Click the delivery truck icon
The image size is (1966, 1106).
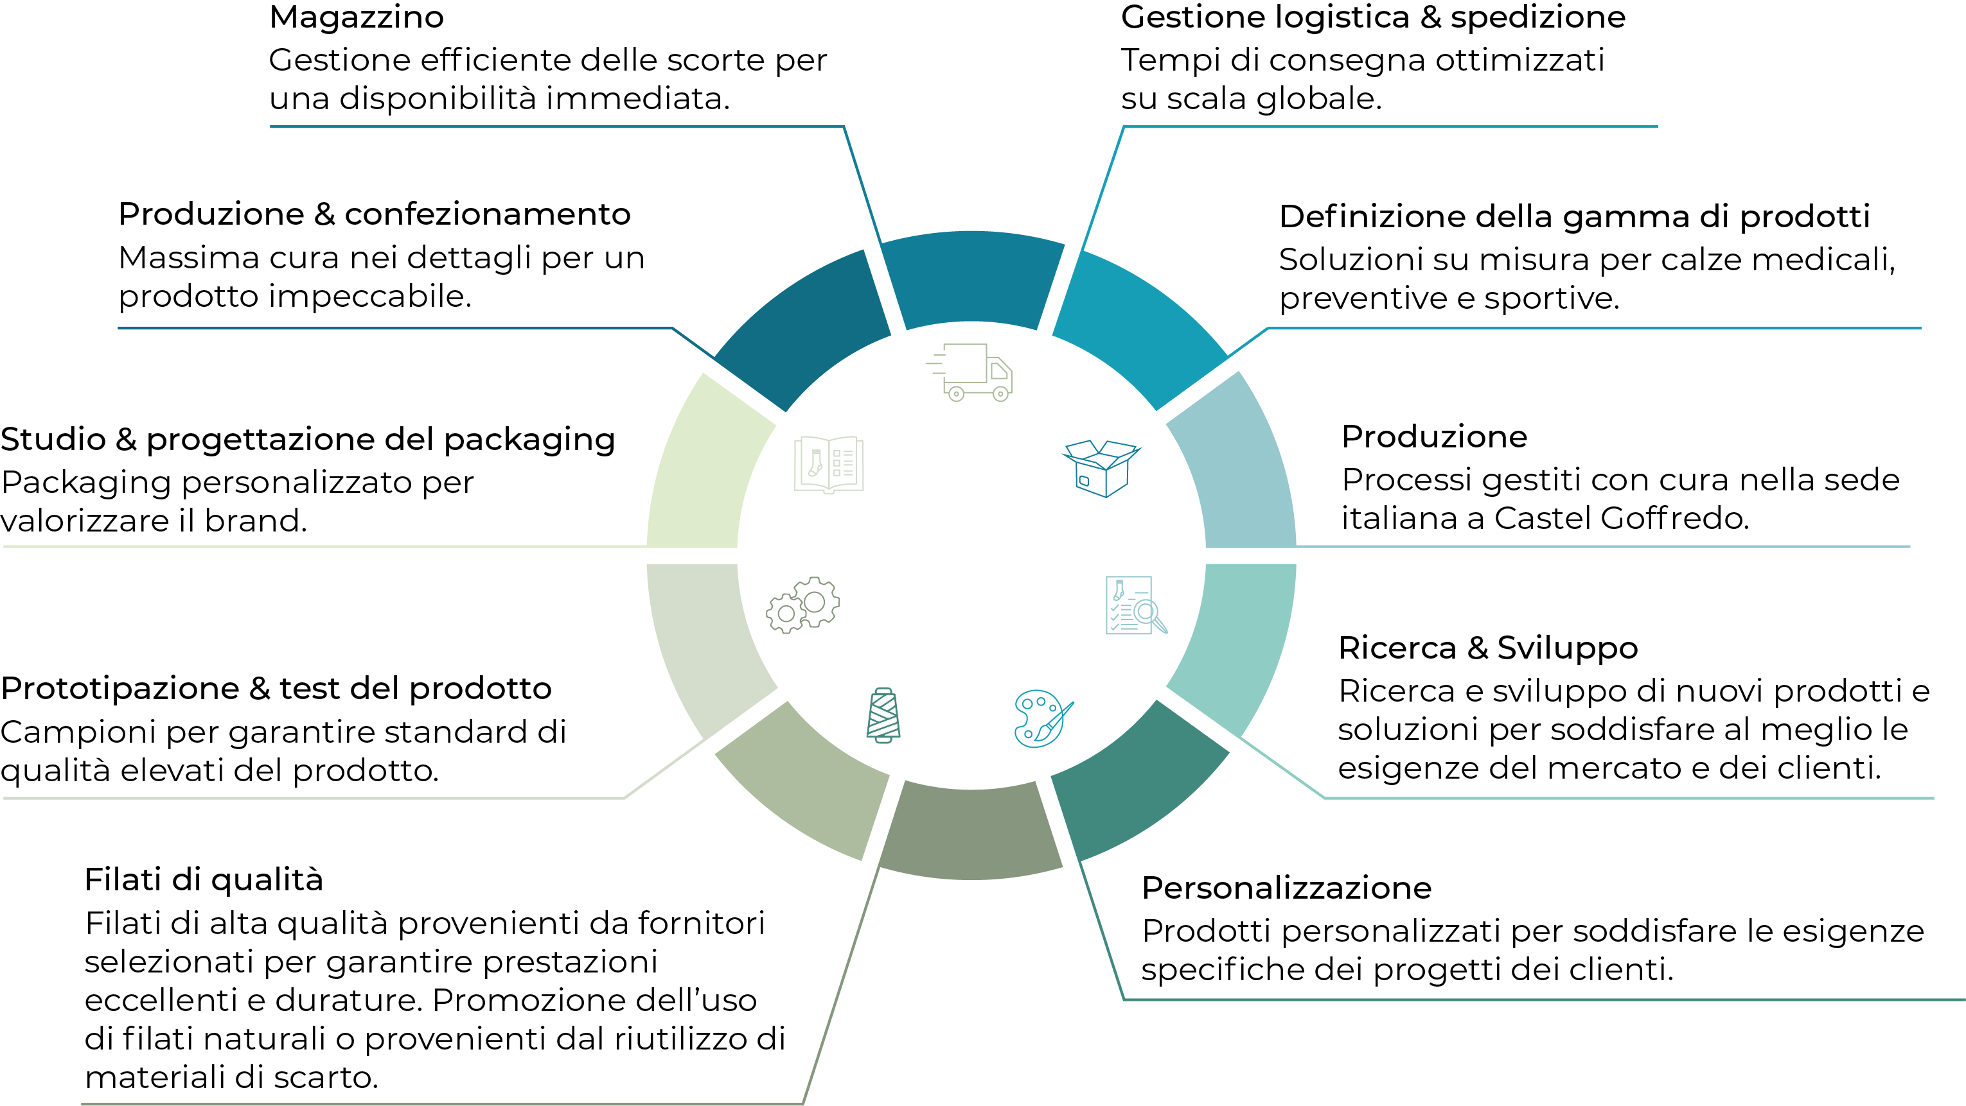tap(970, 372)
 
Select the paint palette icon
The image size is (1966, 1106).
tap(1043, 718)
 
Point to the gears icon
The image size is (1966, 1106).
tap(803, 605)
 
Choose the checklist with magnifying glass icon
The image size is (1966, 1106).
tap(1136, 605)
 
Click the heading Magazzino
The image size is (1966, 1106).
tap(357, 17)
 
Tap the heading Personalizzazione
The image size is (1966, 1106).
tap(1287, 888)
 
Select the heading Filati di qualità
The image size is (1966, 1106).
tap(204, 880)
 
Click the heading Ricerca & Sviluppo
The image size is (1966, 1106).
tap(1488, 648)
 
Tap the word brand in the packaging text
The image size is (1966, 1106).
tap(256, 521)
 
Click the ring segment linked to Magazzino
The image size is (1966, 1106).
tap(971, 279)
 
